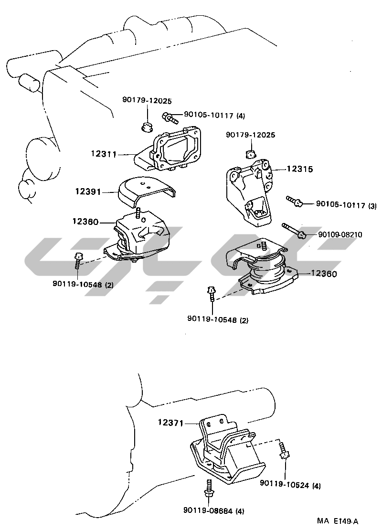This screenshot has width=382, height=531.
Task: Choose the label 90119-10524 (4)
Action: [x=290, y=485]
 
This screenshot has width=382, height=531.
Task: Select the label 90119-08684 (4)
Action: [x=213, y=511]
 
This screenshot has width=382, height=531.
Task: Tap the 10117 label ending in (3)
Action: [x=346, y=205]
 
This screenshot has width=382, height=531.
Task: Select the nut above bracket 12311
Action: [x=148, y=127]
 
